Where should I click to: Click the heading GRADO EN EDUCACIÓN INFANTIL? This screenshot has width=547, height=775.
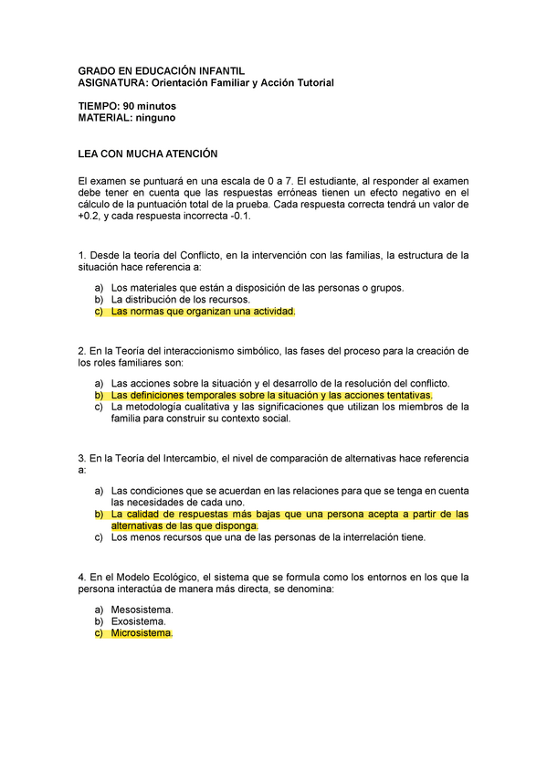(161, 70)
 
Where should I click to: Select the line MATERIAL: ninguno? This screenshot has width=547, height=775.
(126, 118)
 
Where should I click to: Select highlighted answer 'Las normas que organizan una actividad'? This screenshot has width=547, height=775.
(203, 312)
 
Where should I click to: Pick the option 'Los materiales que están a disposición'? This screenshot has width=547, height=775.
(257, 287)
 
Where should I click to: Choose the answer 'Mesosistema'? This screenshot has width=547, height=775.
(142, 610)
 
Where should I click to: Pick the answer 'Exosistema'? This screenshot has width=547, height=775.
(138, 621)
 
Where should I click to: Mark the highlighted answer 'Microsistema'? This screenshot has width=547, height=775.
(141, 633)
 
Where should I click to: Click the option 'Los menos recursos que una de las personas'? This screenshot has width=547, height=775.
(268, 537)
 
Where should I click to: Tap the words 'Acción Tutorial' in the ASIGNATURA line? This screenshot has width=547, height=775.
(297, 82)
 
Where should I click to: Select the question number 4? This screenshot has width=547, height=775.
(82, 578)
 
